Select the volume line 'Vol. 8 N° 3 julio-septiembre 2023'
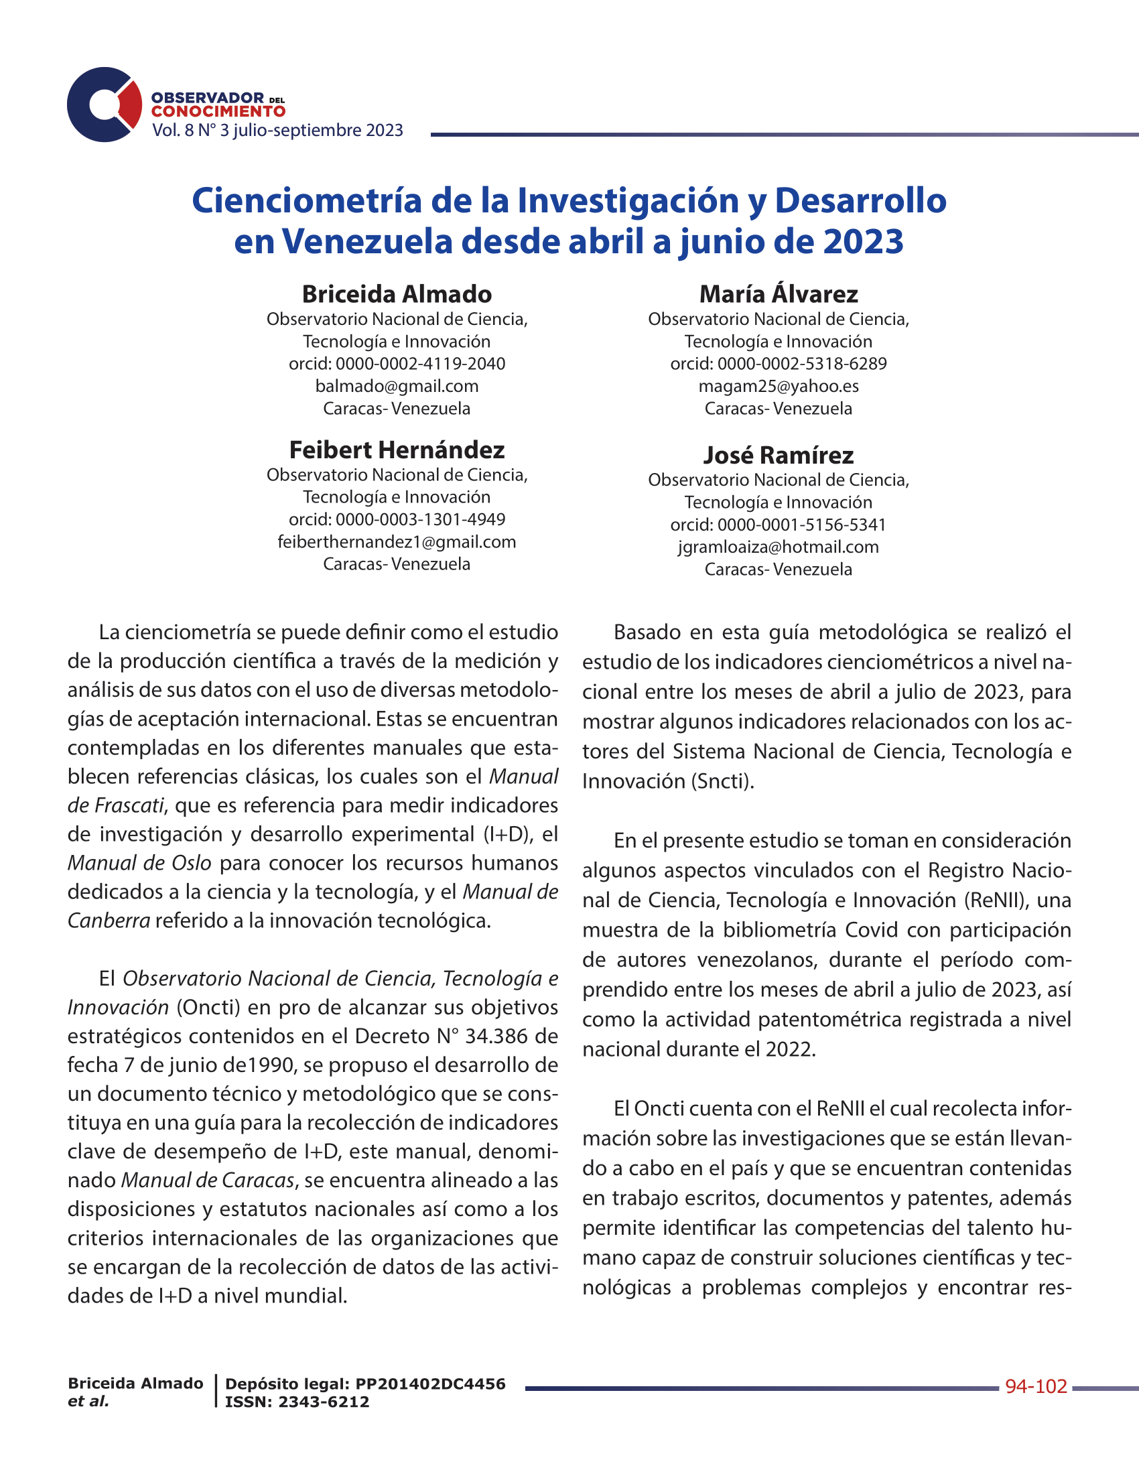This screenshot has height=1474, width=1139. (277, 130)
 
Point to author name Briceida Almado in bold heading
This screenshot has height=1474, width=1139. (397, 294)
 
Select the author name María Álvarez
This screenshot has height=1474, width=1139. (779, 294)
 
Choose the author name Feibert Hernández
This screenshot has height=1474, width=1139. (397, 450)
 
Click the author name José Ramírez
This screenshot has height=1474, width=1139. (779, 456)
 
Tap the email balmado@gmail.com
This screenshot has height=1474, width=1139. (397, 386)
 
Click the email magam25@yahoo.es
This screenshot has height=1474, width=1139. (779, 386)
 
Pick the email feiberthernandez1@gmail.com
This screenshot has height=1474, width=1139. (397, 542)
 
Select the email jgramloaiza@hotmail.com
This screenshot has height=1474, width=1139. (779, 547)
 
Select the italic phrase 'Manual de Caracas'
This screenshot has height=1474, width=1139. (208, 1181)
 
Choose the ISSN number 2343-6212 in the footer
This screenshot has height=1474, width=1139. (324, 1402)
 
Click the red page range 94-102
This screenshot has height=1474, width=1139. (1036, 1387)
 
